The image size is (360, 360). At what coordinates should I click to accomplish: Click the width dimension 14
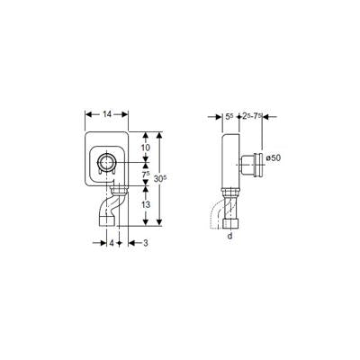(107, 114)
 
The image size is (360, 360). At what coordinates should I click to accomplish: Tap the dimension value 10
(146, 148)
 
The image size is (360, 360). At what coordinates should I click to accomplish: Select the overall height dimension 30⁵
(160, 179)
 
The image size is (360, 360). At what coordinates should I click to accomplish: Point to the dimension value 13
(146, 205)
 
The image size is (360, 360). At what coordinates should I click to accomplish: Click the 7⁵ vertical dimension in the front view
(146, 174)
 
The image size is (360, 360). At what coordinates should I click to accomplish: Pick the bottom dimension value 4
(112, 243)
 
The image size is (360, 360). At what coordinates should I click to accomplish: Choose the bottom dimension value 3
(146, 243)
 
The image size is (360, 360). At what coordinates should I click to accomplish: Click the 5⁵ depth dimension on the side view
(229, 117)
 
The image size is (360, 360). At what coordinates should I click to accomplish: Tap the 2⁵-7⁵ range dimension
(252, 117)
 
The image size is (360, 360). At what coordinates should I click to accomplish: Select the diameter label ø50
(274, 157)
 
